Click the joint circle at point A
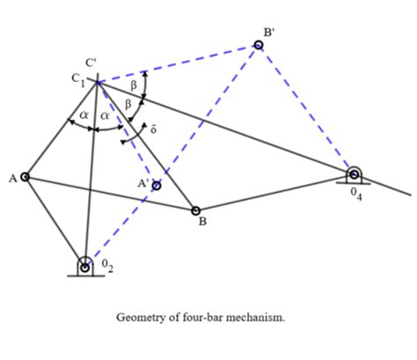point(25,177)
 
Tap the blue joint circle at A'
point(157,186)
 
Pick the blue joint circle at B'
point(258,44)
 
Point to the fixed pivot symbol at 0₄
point(354,173)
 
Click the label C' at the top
point(91,63)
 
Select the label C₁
point(78,79)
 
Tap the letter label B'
point(268,32)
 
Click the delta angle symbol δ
point(153,129)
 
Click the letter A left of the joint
point(12,178)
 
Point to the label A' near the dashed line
point(140,183)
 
